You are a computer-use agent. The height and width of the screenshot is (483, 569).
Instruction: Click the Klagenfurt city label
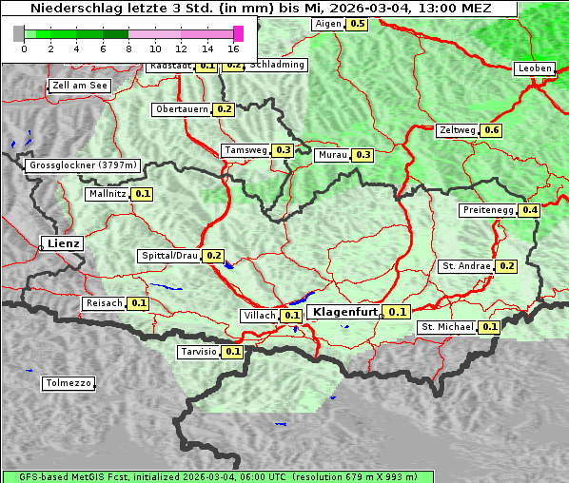(x=345, y=312)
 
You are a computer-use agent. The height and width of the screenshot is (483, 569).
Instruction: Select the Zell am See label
(x=80, y=86)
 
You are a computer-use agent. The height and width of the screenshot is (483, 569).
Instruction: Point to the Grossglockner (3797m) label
(x=84, y=165)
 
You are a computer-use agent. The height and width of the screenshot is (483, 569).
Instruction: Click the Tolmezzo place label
(x=69, y=384)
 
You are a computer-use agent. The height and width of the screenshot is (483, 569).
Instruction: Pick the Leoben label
(x=534, y=68)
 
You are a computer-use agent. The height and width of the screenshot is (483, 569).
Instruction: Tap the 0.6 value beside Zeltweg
(x=492, y=130)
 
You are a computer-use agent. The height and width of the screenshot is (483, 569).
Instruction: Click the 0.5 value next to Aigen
(x=357, y=24)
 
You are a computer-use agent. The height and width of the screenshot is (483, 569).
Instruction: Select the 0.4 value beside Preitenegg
(x=530, y=210)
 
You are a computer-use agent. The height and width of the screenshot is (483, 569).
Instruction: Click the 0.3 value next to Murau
(x=363, y=155)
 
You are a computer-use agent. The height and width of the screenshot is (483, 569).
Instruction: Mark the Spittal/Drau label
(x=169, y=256)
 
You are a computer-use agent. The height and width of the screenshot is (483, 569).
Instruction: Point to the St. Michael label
(x=447, y=327)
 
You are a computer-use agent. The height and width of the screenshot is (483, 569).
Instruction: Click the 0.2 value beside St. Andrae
(x=507, y=266)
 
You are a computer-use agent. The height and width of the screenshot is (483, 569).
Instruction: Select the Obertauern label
(x=182, y=109)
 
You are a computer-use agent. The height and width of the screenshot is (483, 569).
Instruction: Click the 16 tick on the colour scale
(x=233, y=48)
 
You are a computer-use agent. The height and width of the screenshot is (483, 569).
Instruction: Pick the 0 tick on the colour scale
(x=24, y=48)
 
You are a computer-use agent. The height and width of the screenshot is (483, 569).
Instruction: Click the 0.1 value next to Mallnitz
(x=143, y=194)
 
